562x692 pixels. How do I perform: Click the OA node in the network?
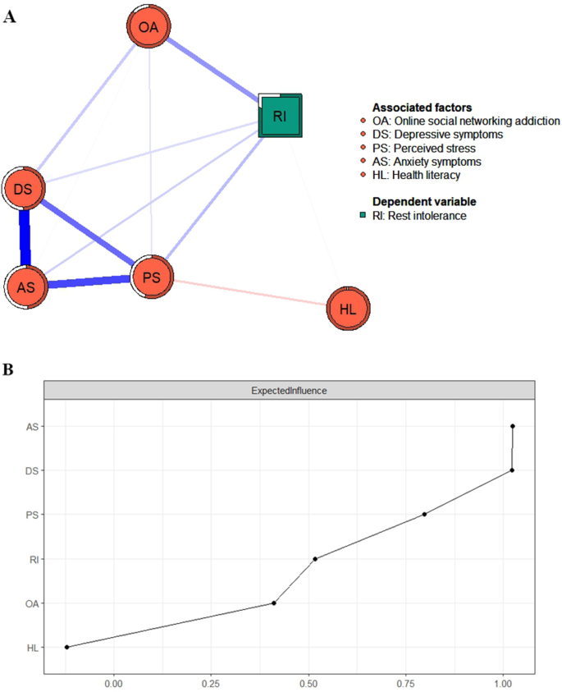[x=148, y=28]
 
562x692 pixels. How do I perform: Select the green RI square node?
[x=281, y=116]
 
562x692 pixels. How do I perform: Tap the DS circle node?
[x=23, y=189]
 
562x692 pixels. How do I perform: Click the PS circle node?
[x=151, y=277]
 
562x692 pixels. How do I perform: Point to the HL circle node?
[x=347, y=309]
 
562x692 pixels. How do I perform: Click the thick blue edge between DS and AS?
[x=25, y=238]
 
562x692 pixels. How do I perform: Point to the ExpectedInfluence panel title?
[x=290, y=391]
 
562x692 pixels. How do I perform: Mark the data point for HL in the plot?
[x=66, y=647]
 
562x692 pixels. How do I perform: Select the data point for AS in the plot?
[x=512, y=426]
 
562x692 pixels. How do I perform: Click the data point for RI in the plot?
[x=315, y=559]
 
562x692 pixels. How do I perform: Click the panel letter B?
[x=9, y=369]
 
